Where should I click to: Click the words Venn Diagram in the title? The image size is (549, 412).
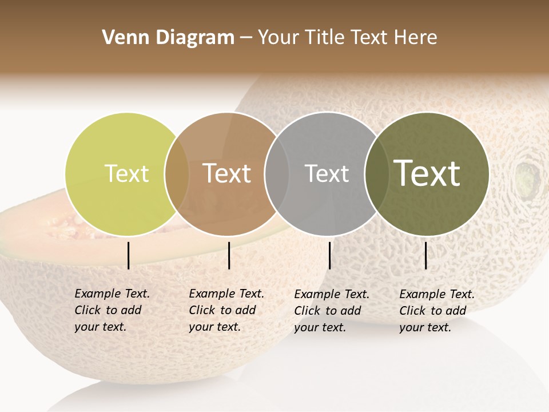coord(168,38)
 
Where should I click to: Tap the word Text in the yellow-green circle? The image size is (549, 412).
coord(127,174)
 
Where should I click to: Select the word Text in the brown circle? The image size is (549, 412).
coord(227,174)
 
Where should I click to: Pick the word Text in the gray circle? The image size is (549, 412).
coord(327,174)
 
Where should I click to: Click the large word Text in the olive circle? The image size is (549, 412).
coord(427,174)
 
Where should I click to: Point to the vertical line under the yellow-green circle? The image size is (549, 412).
coord(129,255)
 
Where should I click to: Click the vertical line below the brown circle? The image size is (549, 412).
coord(229,255)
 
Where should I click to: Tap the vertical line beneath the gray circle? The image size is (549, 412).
coord(330,255)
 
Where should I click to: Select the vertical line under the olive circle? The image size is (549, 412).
coord(426,255)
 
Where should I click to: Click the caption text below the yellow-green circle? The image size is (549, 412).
coord(112,311)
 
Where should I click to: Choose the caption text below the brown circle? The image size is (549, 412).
coord(226,311)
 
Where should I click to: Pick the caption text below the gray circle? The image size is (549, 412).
coord(331,311)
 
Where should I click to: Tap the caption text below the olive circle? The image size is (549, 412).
coord(436,311)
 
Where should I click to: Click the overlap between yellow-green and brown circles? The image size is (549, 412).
coord(177,174)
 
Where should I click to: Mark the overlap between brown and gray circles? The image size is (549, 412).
coord(277,174)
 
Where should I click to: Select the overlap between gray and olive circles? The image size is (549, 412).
coord(376,174)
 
